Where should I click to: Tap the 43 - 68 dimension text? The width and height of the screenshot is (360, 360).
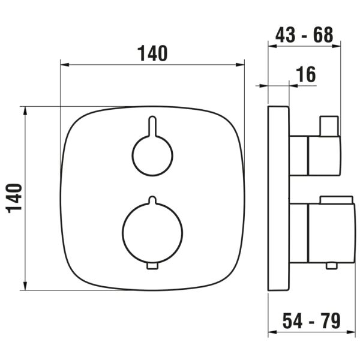pyautogui.click(x=304, y=34)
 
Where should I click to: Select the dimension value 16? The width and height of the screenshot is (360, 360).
pyautogui.click(x=306, y=74)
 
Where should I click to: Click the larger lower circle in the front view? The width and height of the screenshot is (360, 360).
pyautogui.click(x=152, y=231)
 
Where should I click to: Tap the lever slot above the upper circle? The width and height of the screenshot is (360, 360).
pyautogui.click(x=152, y=127)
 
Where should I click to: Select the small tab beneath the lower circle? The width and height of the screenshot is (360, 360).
pyautogui.click(x=152, y=265)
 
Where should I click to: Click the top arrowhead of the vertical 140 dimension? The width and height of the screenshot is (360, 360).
pyautogui.click(x=25, y=110)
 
